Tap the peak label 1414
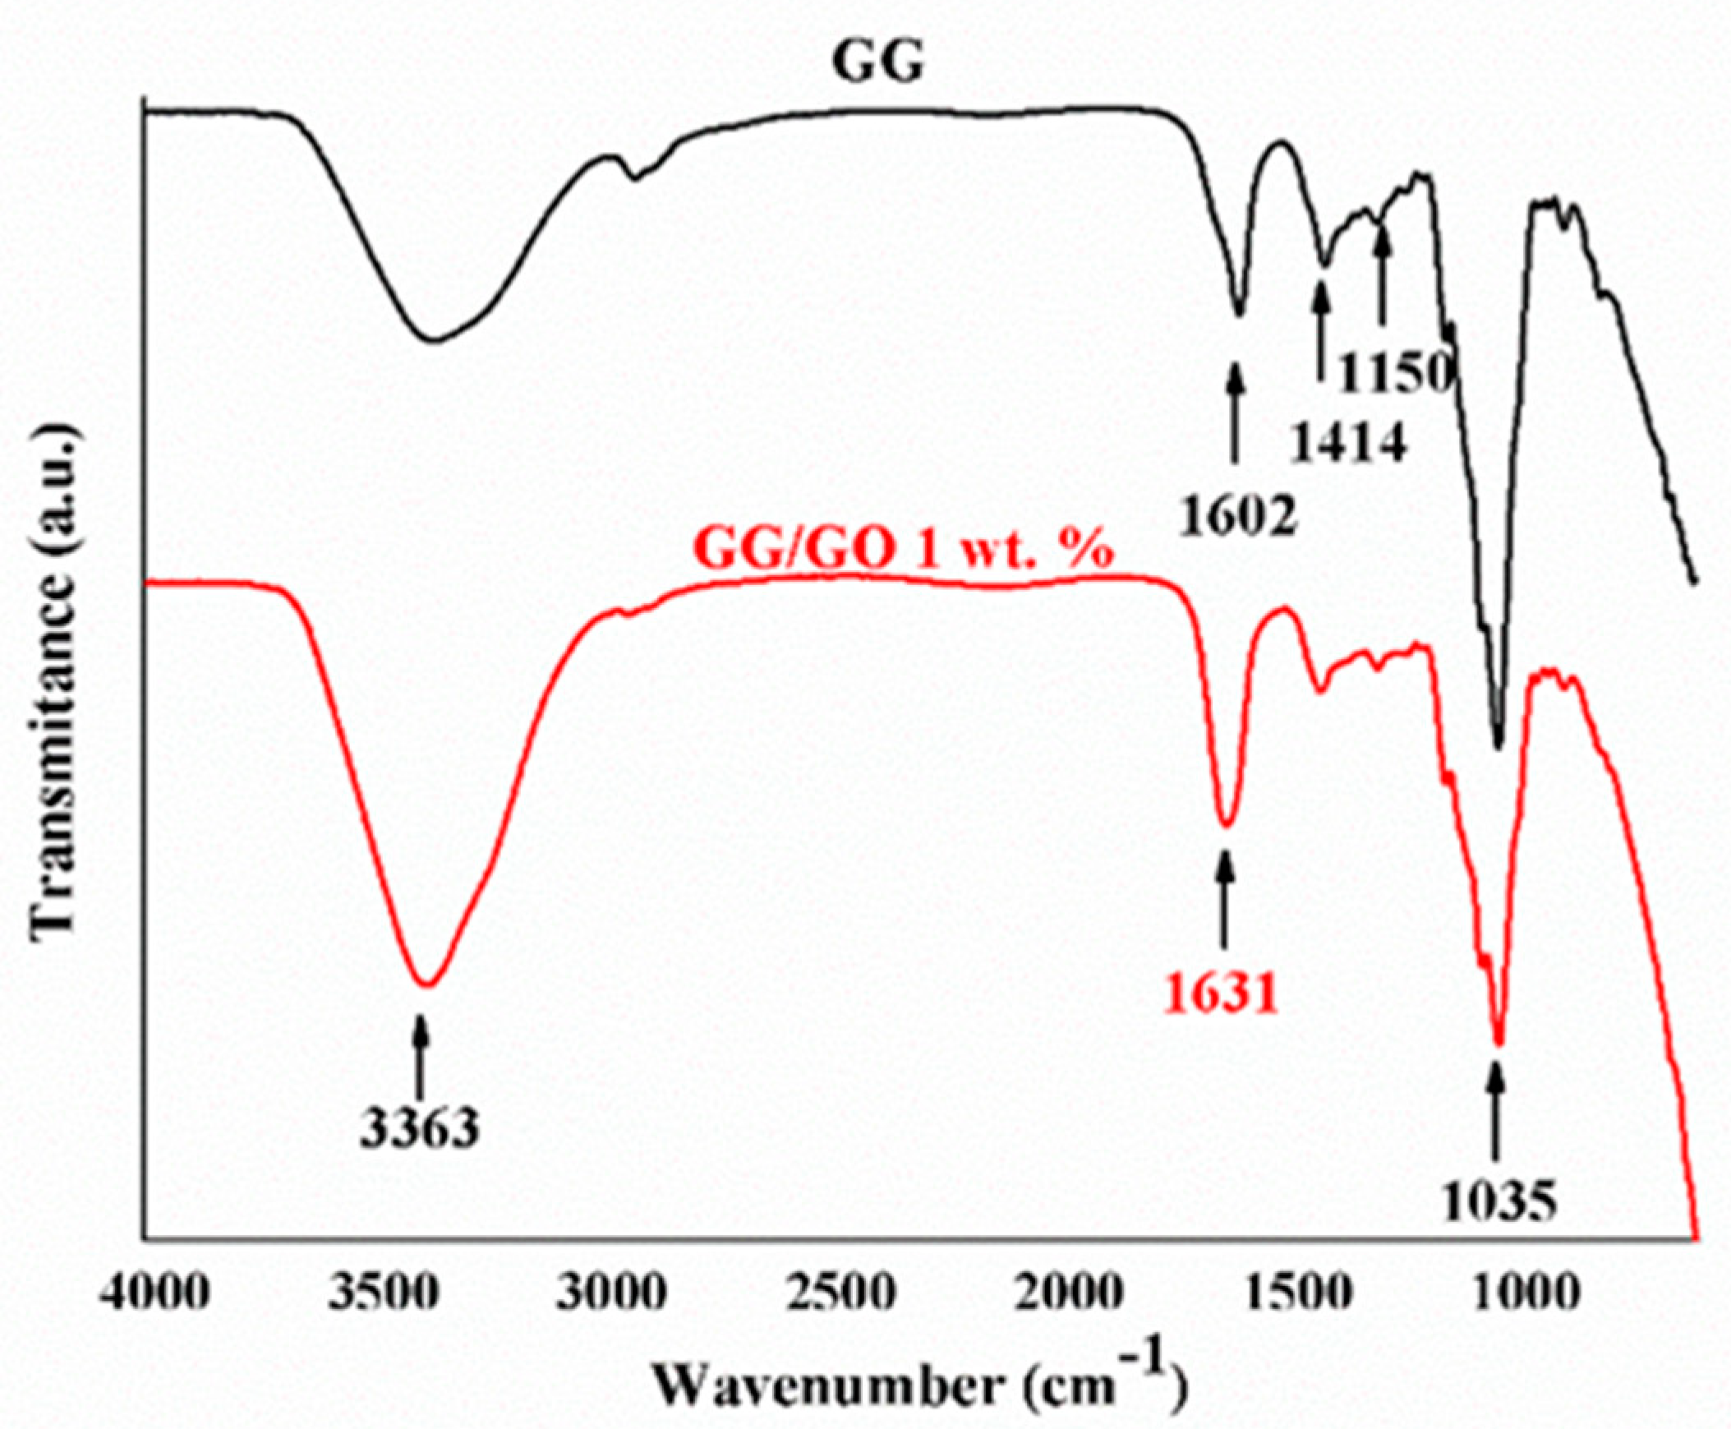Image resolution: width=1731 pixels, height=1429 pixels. click(x=1344, y=445)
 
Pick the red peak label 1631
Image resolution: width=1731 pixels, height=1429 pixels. click(x=1221, y=993)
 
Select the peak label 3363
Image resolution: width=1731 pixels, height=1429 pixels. click(x=420, y=1128)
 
